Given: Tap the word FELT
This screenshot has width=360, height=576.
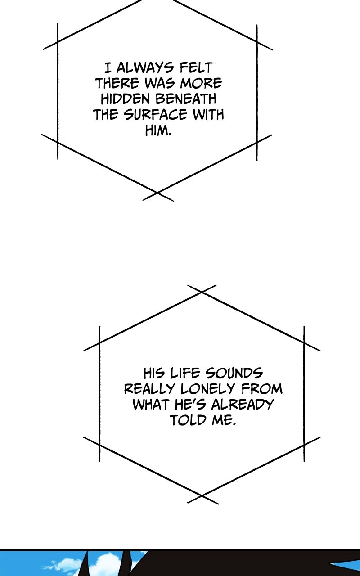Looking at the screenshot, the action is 196,68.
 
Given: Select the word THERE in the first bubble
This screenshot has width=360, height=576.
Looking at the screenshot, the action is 117,83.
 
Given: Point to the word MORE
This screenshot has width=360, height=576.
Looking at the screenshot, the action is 201,83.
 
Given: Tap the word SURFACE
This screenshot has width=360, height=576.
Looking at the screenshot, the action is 155,115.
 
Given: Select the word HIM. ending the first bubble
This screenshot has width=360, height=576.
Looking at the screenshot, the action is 158,130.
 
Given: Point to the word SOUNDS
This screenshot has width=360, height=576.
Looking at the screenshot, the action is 234,373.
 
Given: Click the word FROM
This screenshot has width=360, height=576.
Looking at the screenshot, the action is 262,389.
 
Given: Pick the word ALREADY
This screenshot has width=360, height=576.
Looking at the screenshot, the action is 242,405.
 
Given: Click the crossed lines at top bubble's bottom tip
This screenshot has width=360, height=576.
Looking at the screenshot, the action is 157,193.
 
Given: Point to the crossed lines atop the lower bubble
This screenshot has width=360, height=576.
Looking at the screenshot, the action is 202,292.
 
